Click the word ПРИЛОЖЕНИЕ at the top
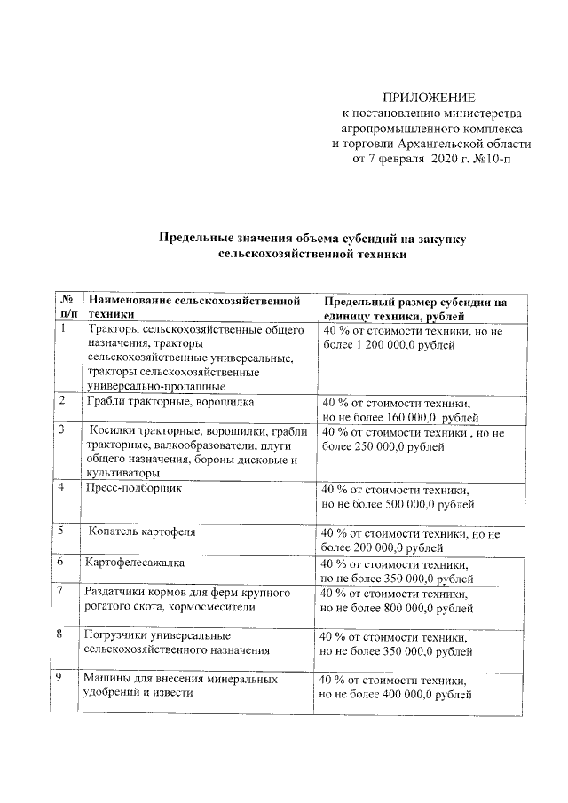pyautogui.click(x=429, y=97)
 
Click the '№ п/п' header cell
pyautogui.click(x=67, y=308)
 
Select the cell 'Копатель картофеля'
pyautogui.click(x=141, y=532)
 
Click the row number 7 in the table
pyautogui.click(x=59, y=591)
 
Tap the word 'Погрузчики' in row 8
pyautogui.click(x=114, y=635)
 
